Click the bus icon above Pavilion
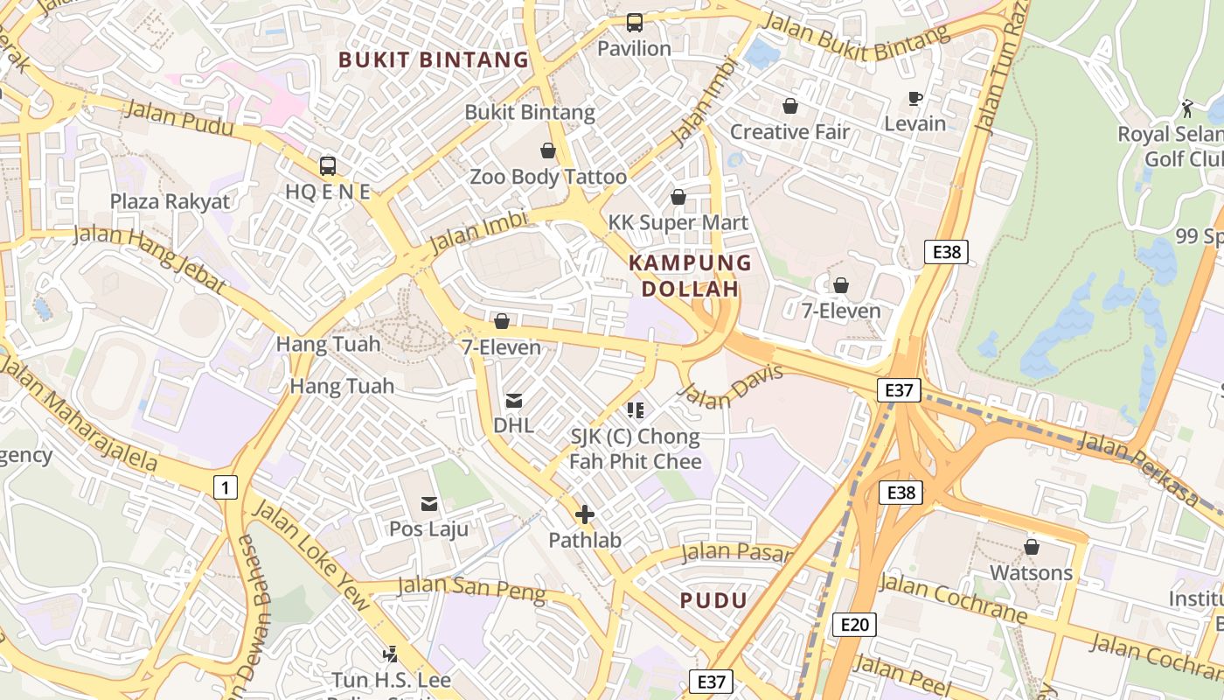(635, 23)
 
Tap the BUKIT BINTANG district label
(434, 59)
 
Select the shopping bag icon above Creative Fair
(790, 106)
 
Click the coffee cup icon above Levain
(915, 98)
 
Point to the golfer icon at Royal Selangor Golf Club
(1186, 108)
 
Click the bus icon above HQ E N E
(328, 165)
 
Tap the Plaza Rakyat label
(170, 201)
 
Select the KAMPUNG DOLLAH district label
(690, 275)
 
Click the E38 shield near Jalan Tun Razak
(946, 252)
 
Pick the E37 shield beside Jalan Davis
(899, 390)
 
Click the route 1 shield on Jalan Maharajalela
(226, 487)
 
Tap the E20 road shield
(854, 624)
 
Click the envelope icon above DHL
(514, 401)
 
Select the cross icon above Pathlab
(585, 514)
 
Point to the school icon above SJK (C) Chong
(636, 409)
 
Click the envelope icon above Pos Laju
(429, 503)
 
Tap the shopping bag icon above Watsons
(1032, 547)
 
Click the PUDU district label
(713, 600)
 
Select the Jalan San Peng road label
(471, 588)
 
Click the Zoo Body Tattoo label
(548, 177)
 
